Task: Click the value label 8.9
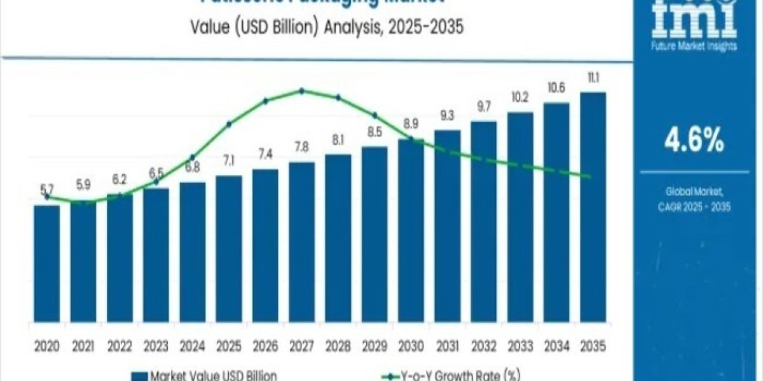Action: click(x=411, y=124)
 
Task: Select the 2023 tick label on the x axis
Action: click(x=156, y=346)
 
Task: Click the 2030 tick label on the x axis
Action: click(x=411, y=346)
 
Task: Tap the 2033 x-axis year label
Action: click(x=520, y=346)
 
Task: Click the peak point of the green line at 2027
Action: click(x=301, y=91)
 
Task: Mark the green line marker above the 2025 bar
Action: click(x=229, y=124)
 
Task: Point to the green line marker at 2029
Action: click(x=375, y=115)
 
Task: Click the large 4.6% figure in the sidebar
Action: click(x=694, y=141)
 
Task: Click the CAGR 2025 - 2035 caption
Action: click(x=694, y=206)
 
